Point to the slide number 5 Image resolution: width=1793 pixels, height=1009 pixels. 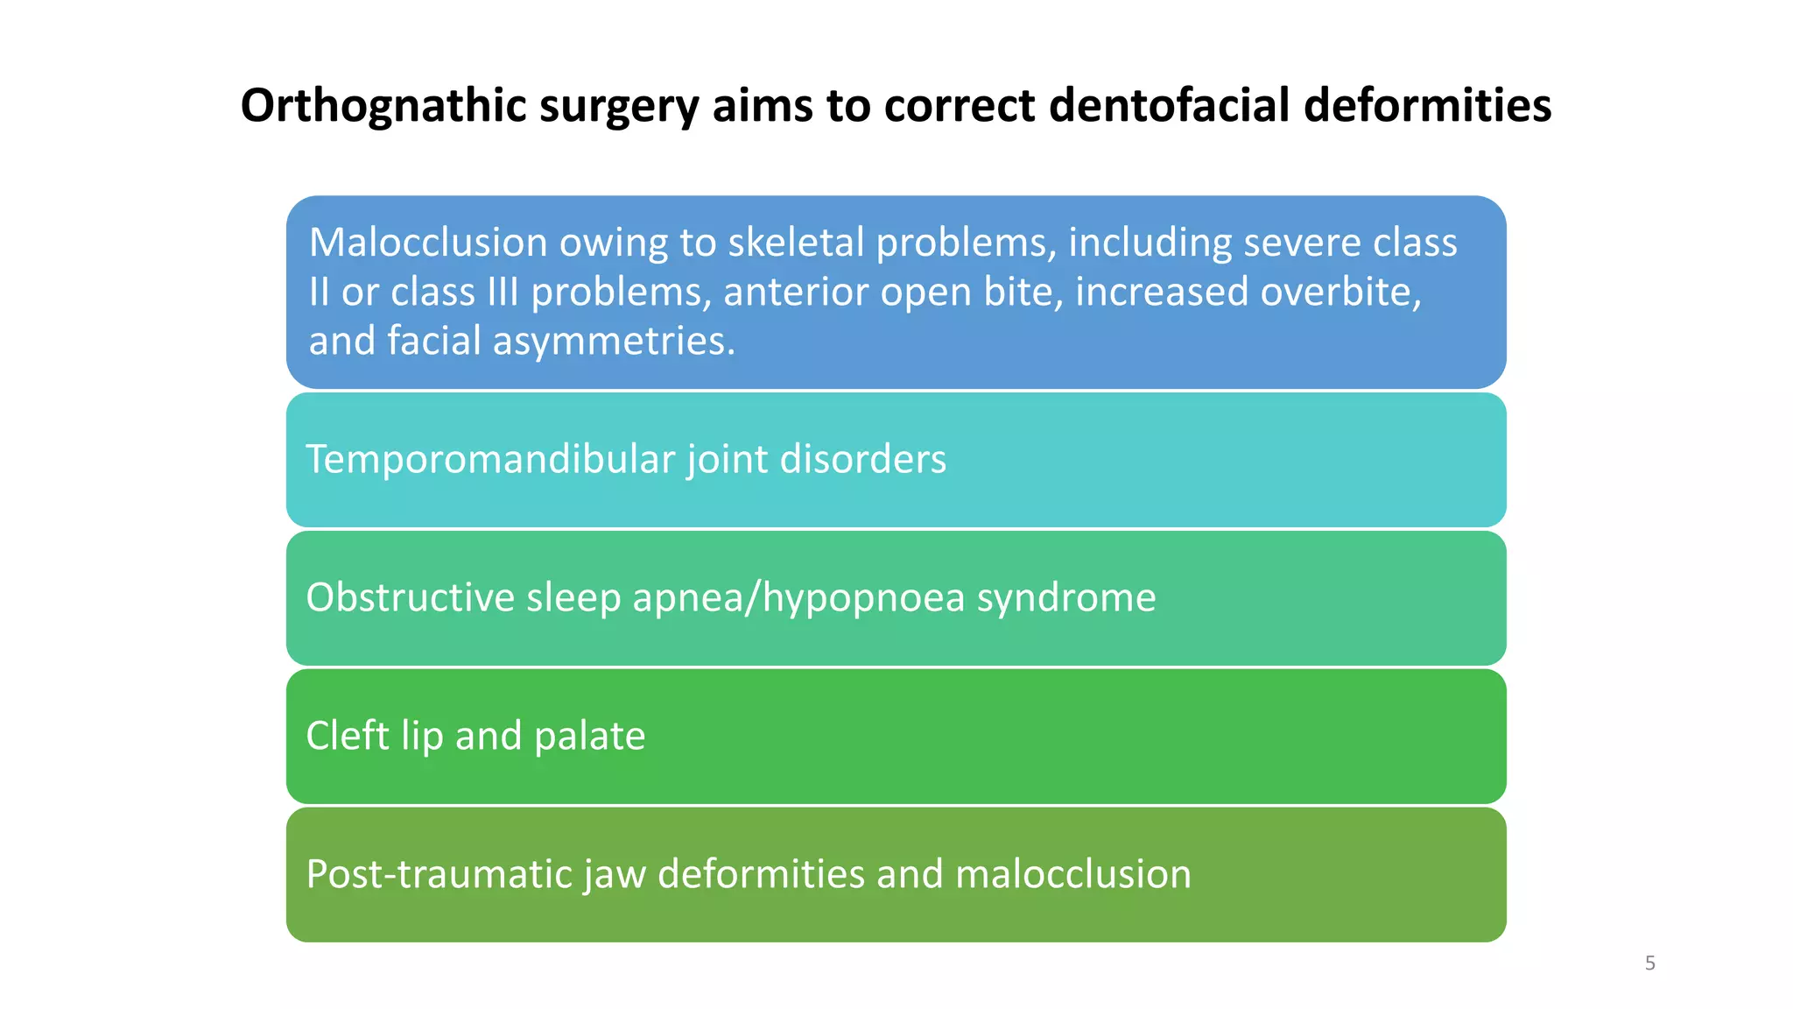[1650, 963]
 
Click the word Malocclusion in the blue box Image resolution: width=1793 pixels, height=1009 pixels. [428, 243]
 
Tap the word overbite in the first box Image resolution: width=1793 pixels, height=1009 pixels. [1335, 292]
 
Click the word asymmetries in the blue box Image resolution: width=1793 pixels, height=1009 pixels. [614, 341]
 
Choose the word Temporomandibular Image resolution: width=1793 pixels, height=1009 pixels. [490, 459]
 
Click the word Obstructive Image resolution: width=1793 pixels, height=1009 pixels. [410, 597]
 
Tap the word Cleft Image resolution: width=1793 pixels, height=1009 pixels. [348, 736]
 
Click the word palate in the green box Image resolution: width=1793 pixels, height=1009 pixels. [589, 736]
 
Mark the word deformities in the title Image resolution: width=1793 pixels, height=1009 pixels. [1427, 106]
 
